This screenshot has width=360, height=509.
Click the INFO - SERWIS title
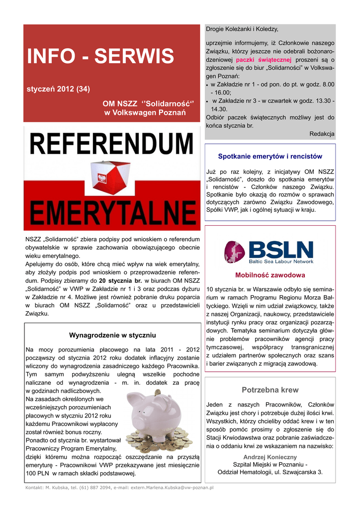click(100, 56)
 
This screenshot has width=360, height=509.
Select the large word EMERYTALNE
click(112, 214)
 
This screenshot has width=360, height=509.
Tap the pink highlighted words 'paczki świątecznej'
click(264, 59)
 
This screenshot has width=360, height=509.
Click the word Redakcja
click(322, 134)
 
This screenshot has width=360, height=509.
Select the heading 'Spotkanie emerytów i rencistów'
click(270, 156)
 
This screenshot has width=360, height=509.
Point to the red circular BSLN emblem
click(234, 252)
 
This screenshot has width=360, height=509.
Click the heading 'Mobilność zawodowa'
click(270, 275)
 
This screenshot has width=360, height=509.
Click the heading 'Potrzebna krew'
click(270, 390)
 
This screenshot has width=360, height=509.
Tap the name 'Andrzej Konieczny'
click(270, 457)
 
